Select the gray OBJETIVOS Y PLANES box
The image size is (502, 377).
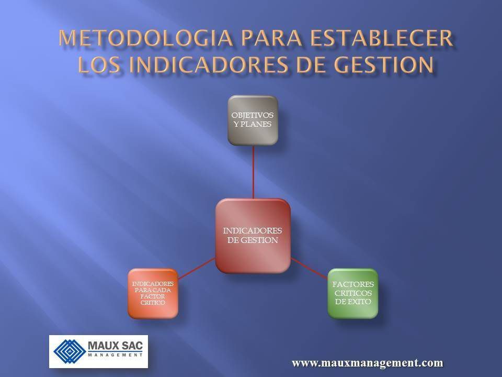253,120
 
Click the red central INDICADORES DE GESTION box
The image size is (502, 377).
253,236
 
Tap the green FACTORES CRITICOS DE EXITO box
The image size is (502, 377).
352,293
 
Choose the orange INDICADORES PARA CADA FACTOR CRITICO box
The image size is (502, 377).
153,293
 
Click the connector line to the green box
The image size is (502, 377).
309,267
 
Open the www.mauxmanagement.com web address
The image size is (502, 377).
367,362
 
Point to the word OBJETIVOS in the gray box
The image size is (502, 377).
253,116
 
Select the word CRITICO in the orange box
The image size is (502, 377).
153,303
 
